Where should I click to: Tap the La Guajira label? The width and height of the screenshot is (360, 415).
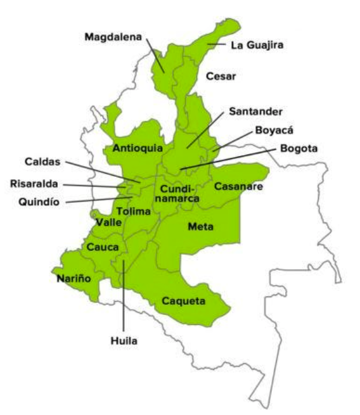pyautogui.click(x=256, y=45)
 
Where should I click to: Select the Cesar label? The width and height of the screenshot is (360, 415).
pyautogui.click(x=221, y=77)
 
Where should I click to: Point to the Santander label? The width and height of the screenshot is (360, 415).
pyautogui.click(x=255, y=111)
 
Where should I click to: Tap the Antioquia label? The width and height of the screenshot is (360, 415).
pyautogui.click(x=138, y=149)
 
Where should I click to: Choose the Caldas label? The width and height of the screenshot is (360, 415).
pyautogui.click(x=43, y=162)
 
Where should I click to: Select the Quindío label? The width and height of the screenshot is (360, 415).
pyautogui.click(x=39, y=202)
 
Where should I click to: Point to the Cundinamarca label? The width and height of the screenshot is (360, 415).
pyautogui.click(x=180, y=194)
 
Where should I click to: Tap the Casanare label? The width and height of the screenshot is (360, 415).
pyautogui.click(x=238, y=186)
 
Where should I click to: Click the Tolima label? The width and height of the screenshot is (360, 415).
pyautogui.click(x=134, y=211)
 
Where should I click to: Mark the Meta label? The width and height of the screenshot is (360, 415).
pyautogui.click(x=201, y=227)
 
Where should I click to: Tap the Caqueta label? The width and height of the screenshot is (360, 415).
pyautogui.click(x=184, y=301)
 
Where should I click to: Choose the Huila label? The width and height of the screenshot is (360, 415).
pyautogui.click(x=123, y=340)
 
